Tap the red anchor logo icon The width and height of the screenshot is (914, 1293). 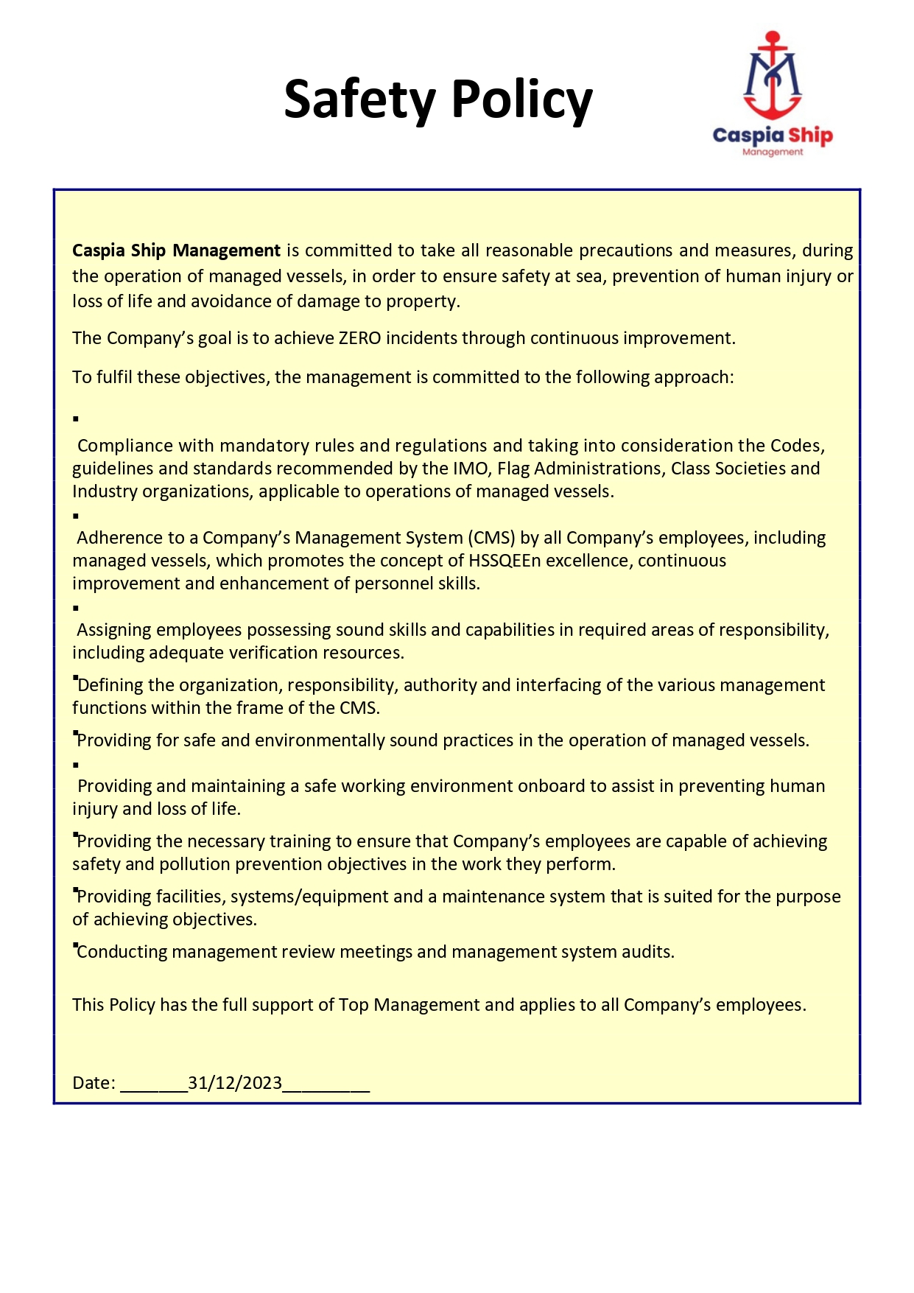pos(772,75)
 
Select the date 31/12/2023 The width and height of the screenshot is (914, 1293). pos(235,1083)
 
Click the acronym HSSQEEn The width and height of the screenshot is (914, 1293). pos(505,561)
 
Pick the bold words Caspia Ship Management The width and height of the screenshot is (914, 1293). pos(176,250)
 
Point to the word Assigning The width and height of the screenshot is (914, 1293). pos(113,630)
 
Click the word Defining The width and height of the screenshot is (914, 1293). pos(110,685)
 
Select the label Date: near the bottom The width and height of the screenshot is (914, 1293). pos(94,1083)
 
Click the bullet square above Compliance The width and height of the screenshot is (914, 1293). pos(76,419)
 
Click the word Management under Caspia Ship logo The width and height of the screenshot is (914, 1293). pos(773,153)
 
